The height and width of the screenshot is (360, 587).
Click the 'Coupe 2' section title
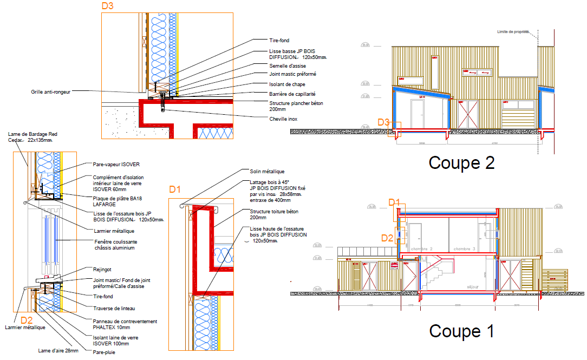461,163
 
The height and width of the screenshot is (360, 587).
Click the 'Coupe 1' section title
461,331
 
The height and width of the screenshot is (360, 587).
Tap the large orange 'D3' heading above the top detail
108,6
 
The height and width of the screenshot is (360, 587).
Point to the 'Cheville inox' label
283,119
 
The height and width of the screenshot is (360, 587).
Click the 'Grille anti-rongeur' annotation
50,91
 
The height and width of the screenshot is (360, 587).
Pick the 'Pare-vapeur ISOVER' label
113,164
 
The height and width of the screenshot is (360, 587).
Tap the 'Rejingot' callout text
102,269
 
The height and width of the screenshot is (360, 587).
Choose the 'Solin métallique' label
267,172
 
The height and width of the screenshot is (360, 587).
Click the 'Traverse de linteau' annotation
114,309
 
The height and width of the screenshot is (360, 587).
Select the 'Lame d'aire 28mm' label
58,350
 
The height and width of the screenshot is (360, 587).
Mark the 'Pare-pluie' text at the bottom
104,352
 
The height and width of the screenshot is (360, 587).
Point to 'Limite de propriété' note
513,32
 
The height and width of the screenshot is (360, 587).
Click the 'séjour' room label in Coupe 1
474,287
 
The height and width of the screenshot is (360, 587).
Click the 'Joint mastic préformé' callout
292,74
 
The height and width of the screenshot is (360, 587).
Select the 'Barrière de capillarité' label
292,94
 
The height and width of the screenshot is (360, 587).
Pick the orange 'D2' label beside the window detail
27,320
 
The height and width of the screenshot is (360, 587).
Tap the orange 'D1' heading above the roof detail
175,189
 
